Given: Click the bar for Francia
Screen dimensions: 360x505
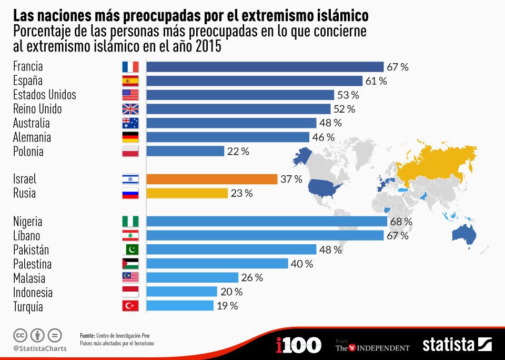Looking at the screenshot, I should point(265,67).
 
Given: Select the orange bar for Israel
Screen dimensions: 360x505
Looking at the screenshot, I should point(211,179).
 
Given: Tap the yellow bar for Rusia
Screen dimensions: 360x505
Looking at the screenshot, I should point(187,193).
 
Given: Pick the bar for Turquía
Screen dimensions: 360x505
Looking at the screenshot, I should point(180,306).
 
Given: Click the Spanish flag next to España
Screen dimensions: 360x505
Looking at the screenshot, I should point(130,81).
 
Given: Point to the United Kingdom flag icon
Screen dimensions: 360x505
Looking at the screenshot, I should point(130,109).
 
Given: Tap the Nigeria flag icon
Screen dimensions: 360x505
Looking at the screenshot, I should point(130,222).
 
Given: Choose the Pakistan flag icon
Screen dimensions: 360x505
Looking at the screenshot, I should point(130,249).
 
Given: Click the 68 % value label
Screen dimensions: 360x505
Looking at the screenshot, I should point(401,222).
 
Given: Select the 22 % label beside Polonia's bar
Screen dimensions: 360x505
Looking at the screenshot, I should point(238,152).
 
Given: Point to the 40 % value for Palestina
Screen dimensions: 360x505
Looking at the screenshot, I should point(301,264).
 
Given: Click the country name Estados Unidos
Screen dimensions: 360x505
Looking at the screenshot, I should point(45,95).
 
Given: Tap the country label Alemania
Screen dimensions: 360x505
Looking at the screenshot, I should point(32,137).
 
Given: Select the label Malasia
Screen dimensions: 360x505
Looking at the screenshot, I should point(29,278).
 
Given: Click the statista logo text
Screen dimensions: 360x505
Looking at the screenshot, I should point(448,345).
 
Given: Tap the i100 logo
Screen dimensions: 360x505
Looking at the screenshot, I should point(298,345).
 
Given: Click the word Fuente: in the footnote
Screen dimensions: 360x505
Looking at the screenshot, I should point(87,336).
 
